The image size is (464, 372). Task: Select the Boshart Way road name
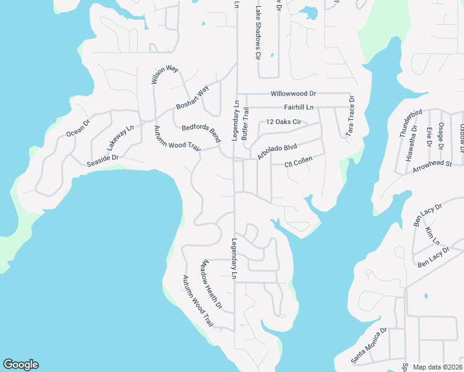[192, 97]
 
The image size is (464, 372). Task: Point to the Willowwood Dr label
[293, 94]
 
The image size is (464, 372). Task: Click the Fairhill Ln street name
[295, 107]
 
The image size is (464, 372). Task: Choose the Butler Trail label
[246, 122]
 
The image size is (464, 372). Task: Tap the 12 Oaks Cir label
[283, 122]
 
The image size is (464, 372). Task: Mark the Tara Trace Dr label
[351, 116]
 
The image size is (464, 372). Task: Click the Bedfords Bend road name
[202, 133]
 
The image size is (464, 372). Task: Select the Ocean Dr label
[78, 127]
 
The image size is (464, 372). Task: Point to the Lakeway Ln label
[119, 138]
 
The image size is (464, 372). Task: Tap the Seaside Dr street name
[102, 159]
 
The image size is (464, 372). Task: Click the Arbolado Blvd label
[277, 152]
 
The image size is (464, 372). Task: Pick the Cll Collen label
[298, 161]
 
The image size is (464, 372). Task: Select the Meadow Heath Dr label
[210, 285]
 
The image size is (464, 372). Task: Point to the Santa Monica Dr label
[369, 346]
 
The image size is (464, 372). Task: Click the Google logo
[20, 365]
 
